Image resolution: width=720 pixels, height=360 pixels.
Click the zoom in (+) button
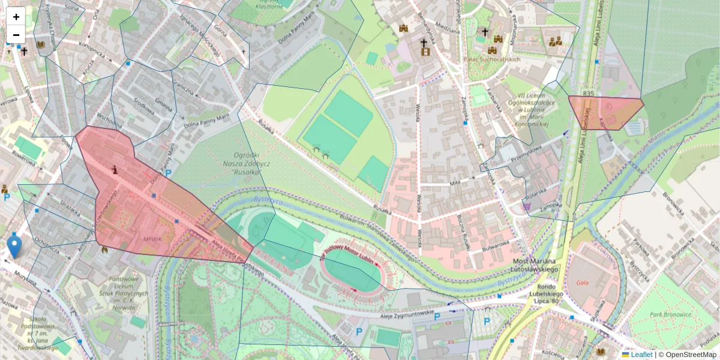pos(16,17)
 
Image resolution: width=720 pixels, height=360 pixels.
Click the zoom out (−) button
pos(16,35)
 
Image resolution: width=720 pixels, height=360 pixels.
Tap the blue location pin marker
pos(14,247)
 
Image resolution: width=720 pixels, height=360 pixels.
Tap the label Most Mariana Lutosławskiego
pos(536,266)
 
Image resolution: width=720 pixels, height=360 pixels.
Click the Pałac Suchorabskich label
pos(492,59)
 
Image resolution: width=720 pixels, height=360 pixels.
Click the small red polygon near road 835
pos(605,112)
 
